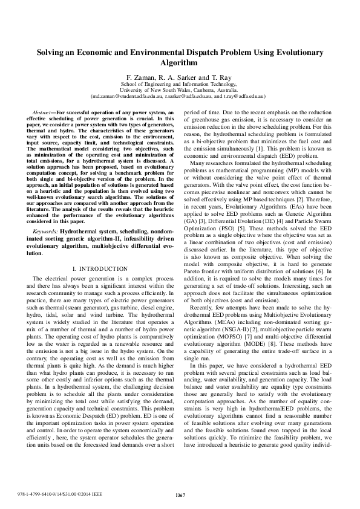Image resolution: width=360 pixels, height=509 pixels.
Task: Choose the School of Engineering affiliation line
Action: [180, 85]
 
